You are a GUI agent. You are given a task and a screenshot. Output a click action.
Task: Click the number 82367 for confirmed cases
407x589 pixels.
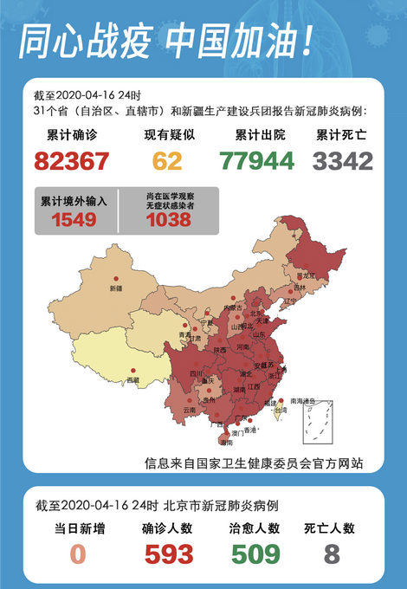coord(72,161)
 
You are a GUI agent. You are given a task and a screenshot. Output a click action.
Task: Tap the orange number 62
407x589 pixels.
coord(167,161)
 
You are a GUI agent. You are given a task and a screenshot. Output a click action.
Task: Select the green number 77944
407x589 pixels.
coord(257,161)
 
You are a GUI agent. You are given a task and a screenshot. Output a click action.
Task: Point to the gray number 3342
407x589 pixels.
coord(343,161)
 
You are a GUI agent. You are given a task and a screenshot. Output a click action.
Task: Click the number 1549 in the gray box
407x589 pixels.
coord(74,220)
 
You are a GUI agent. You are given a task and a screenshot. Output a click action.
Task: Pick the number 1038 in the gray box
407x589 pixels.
coord(168,220)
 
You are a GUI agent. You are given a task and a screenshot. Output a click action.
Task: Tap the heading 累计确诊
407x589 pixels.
coord(72,136)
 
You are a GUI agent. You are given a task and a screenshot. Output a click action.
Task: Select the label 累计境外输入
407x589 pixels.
coord(74,201)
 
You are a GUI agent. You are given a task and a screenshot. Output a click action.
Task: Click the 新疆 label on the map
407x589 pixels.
coord(116,287)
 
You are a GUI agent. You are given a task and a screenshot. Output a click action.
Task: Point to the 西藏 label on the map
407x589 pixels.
coord(132,380)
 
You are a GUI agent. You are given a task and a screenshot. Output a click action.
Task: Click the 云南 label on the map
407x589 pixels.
coord(190,410)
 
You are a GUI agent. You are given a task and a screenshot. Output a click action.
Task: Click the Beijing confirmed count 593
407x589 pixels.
coord(169,553)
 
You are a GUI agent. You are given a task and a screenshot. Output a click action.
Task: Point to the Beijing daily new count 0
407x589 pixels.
coord(79,553)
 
